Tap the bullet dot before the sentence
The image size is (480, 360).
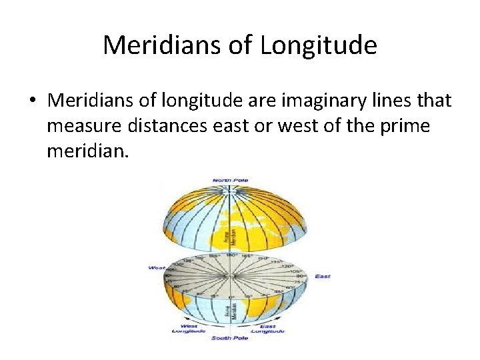(32, 101)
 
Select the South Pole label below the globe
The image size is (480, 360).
(229, 339)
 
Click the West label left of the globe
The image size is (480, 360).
(157, 268)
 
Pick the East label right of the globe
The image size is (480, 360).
(323, 275)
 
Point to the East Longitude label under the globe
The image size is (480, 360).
(268, 328)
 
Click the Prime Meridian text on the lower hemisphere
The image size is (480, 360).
(228, 310)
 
